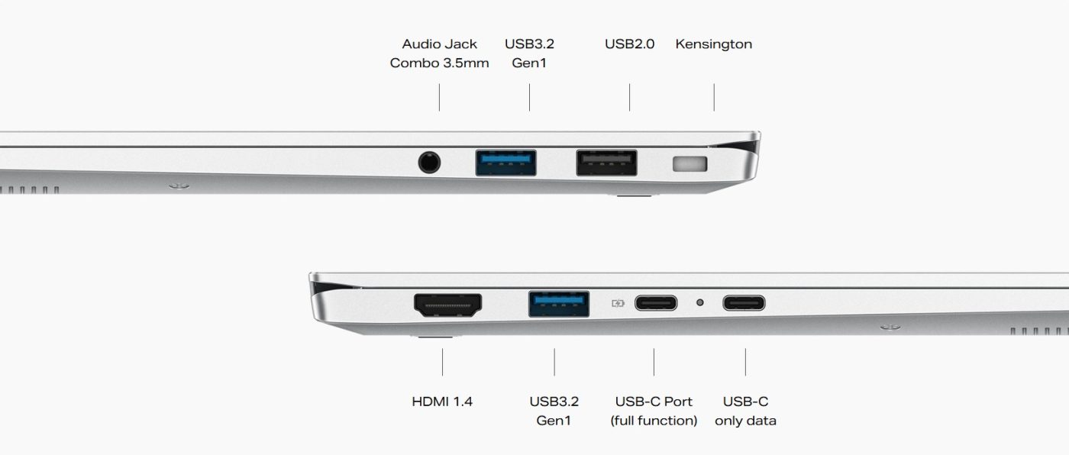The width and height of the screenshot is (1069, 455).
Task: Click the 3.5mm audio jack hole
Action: point(429,163)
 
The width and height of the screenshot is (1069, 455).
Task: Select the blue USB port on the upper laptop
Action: point(505,163)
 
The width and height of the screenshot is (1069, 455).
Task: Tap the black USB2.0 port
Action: point(606,163)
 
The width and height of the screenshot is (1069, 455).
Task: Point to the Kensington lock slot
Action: point(690,163)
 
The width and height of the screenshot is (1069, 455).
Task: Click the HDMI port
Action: point(447,305)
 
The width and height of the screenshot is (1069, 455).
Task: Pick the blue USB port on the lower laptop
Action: point(559,304)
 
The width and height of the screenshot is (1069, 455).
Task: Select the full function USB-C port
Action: point(656,303)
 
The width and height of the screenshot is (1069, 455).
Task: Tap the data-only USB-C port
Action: point(744,303)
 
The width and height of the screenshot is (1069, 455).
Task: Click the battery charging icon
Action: point(618,303)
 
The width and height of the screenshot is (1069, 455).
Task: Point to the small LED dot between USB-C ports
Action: point(700,302)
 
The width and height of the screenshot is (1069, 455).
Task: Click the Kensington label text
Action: point(713,44)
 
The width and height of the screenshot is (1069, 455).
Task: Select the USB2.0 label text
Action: point(629,44)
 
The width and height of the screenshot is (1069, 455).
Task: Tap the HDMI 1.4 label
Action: point(442,402)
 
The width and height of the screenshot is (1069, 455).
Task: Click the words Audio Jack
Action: point(440,44)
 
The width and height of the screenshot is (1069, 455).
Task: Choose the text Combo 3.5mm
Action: point(440,63)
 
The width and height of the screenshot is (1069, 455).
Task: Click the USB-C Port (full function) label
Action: point(654,411)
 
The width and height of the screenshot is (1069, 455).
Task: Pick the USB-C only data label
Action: point(745,411)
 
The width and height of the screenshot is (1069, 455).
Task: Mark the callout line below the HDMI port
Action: point(442,362)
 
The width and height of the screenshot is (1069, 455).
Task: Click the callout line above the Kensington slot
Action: point(714,97)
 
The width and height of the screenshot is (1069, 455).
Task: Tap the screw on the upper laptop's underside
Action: point(179,186)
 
